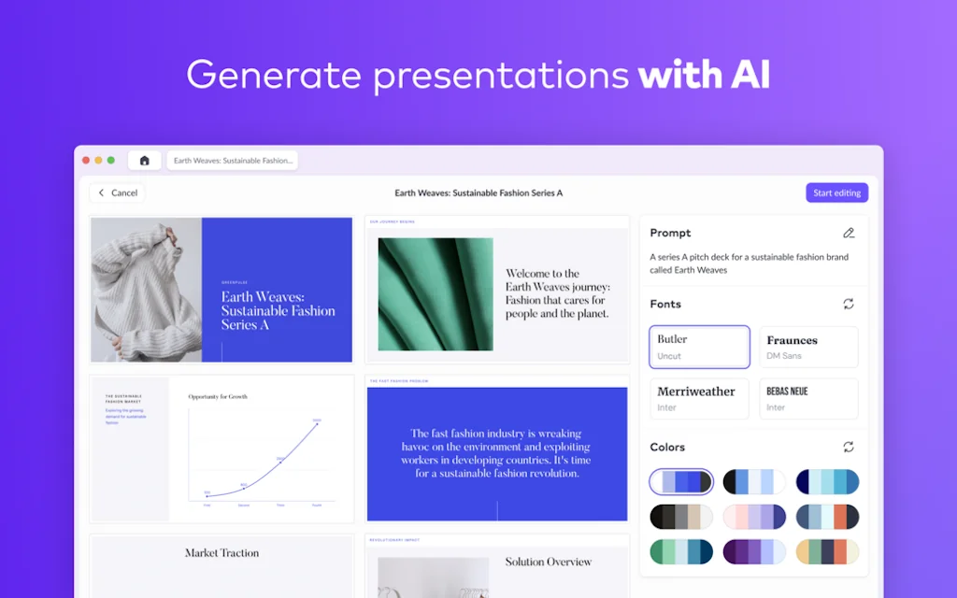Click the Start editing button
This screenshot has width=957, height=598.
(836, 192)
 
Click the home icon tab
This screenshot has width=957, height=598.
(145, 161)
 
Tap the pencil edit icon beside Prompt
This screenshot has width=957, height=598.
(849, 233)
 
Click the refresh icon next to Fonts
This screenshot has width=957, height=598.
(849, 304)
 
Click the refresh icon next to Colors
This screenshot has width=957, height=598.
(849, 447)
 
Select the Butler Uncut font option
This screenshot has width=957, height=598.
(699, 347)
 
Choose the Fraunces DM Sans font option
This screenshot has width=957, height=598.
(808, 347)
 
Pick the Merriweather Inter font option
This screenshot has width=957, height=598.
(699, 398)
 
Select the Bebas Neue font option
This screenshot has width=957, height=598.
(808, 398)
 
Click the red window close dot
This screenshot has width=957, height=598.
(87, 161)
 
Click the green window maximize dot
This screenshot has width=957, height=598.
(111, 161)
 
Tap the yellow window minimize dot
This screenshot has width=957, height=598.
(99, 161)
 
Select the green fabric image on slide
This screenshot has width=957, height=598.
(436, 294)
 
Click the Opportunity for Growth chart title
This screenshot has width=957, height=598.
(218, 397)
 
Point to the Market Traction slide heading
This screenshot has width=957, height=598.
(221, 553)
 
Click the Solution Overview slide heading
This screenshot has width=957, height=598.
(549, 562)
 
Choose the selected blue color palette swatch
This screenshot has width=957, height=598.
(681, 482)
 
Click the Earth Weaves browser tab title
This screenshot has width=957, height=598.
(233, 161)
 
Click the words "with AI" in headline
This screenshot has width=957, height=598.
(705, 75)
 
